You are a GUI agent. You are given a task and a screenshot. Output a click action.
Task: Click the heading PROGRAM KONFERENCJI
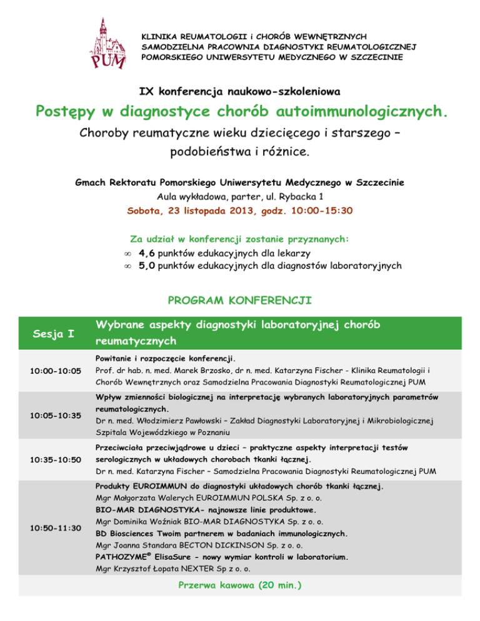point(239,300)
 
